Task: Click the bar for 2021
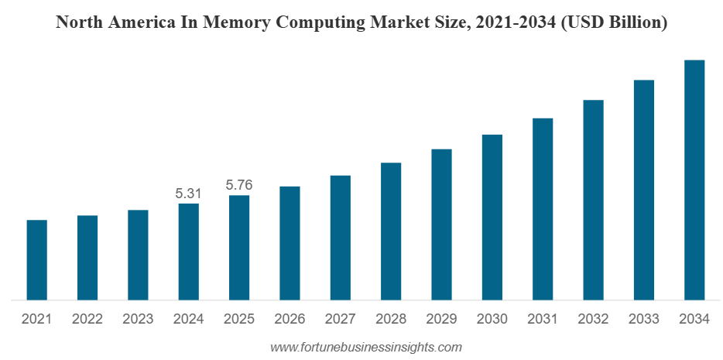[36, 260]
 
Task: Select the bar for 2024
[188, 252]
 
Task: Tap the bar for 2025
[239, 248]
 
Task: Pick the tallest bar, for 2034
[694, 180]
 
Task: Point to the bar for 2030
[492, 217]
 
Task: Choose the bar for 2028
[391, 231]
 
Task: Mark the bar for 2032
[593, 200]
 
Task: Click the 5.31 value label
[188, 194]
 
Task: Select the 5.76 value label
[239, 186]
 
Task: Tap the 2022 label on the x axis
[87, 319]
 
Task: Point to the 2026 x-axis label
[290, 319]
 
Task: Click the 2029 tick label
[441, 319]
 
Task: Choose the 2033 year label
[643, 319]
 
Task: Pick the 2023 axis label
[138, 319]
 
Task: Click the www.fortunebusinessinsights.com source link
[366, 348]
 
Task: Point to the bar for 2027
[340, 238]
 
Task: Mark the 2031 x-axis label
[543, 319]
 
